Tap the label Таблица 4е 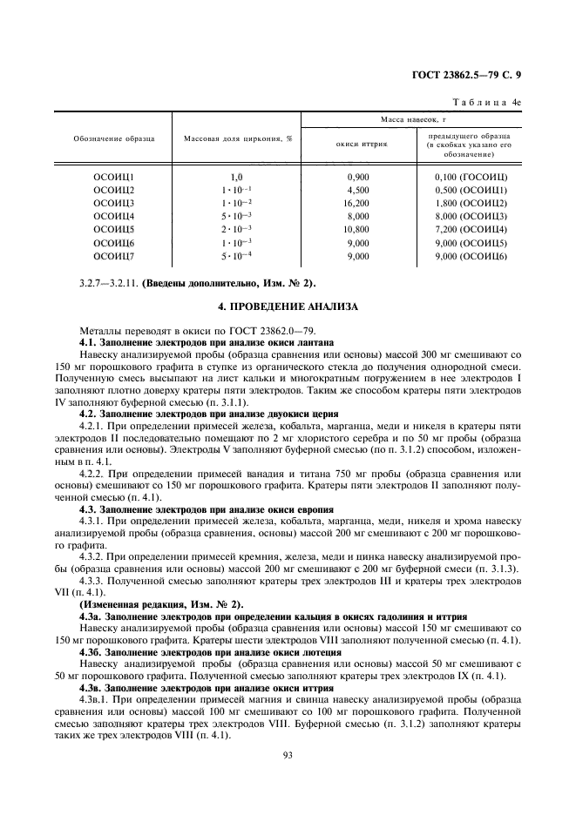coord(491,102)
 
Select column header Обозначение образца coord(113,139)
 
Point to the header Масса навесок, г coord(414,118)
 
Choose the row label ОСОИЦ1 coord(113,177)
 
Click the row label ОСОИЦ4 coord(113,216)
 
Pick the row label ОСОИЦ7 coord(113,256)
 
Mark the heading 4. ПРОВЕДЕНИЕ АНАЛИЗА coord(288,307)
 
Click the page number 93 coord(287,755)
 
